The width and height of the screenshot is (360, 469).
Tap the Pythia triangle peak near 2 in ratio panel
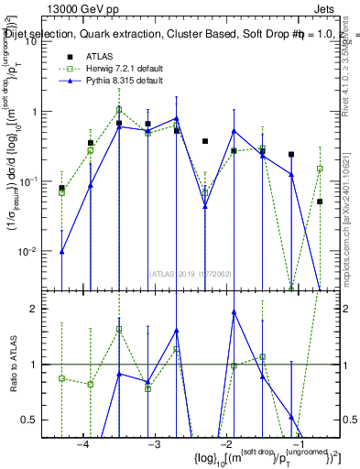pyautogui.click(x=235, y=312)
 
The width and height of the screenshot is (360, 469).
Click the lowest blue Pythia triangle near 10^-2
pyautogui.click(x=61, y=251)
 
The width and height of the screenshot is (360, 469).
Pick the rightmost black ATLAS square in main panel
pyautogui.click(x=320, y=202)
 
